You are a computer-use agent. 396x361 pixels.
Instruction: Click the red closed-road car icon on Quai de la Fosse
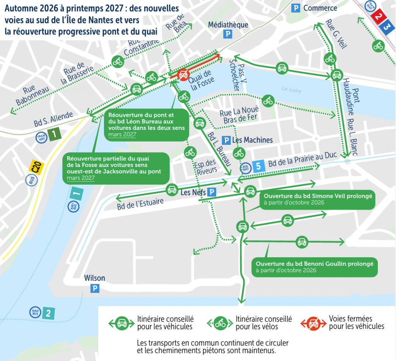[x=183, y=75]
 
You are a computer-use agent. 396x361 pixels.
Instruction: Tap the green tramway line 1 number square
[x=55, y=134]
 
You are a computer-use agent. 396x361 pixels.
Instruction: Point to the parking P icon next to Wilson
[x=95, y=288]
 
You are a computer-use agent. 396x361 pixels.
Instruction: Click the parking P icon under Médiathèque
[x=228, y=35]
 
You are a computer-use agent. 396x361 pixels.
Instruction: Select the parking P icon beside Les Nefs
[x=212, y=192]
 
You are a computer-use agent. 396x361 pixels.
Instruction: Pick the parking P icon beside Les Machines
[x=226, y=140]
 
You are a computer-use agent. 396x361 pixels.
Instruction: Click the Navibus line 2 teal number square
[x=48, y=313]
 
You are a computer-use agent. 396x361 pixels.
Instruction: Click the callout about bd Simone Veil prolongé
[x=317, y=199]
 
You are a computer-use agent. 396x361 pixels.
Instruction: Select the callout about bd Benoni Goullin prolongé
[x=314, y=266]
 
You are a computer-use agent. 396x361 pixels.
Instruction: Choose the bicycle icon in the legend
[x=220, y=323]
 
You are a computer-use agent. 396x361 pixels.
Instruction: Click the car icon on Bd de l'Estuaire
[x=171, y=189]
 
